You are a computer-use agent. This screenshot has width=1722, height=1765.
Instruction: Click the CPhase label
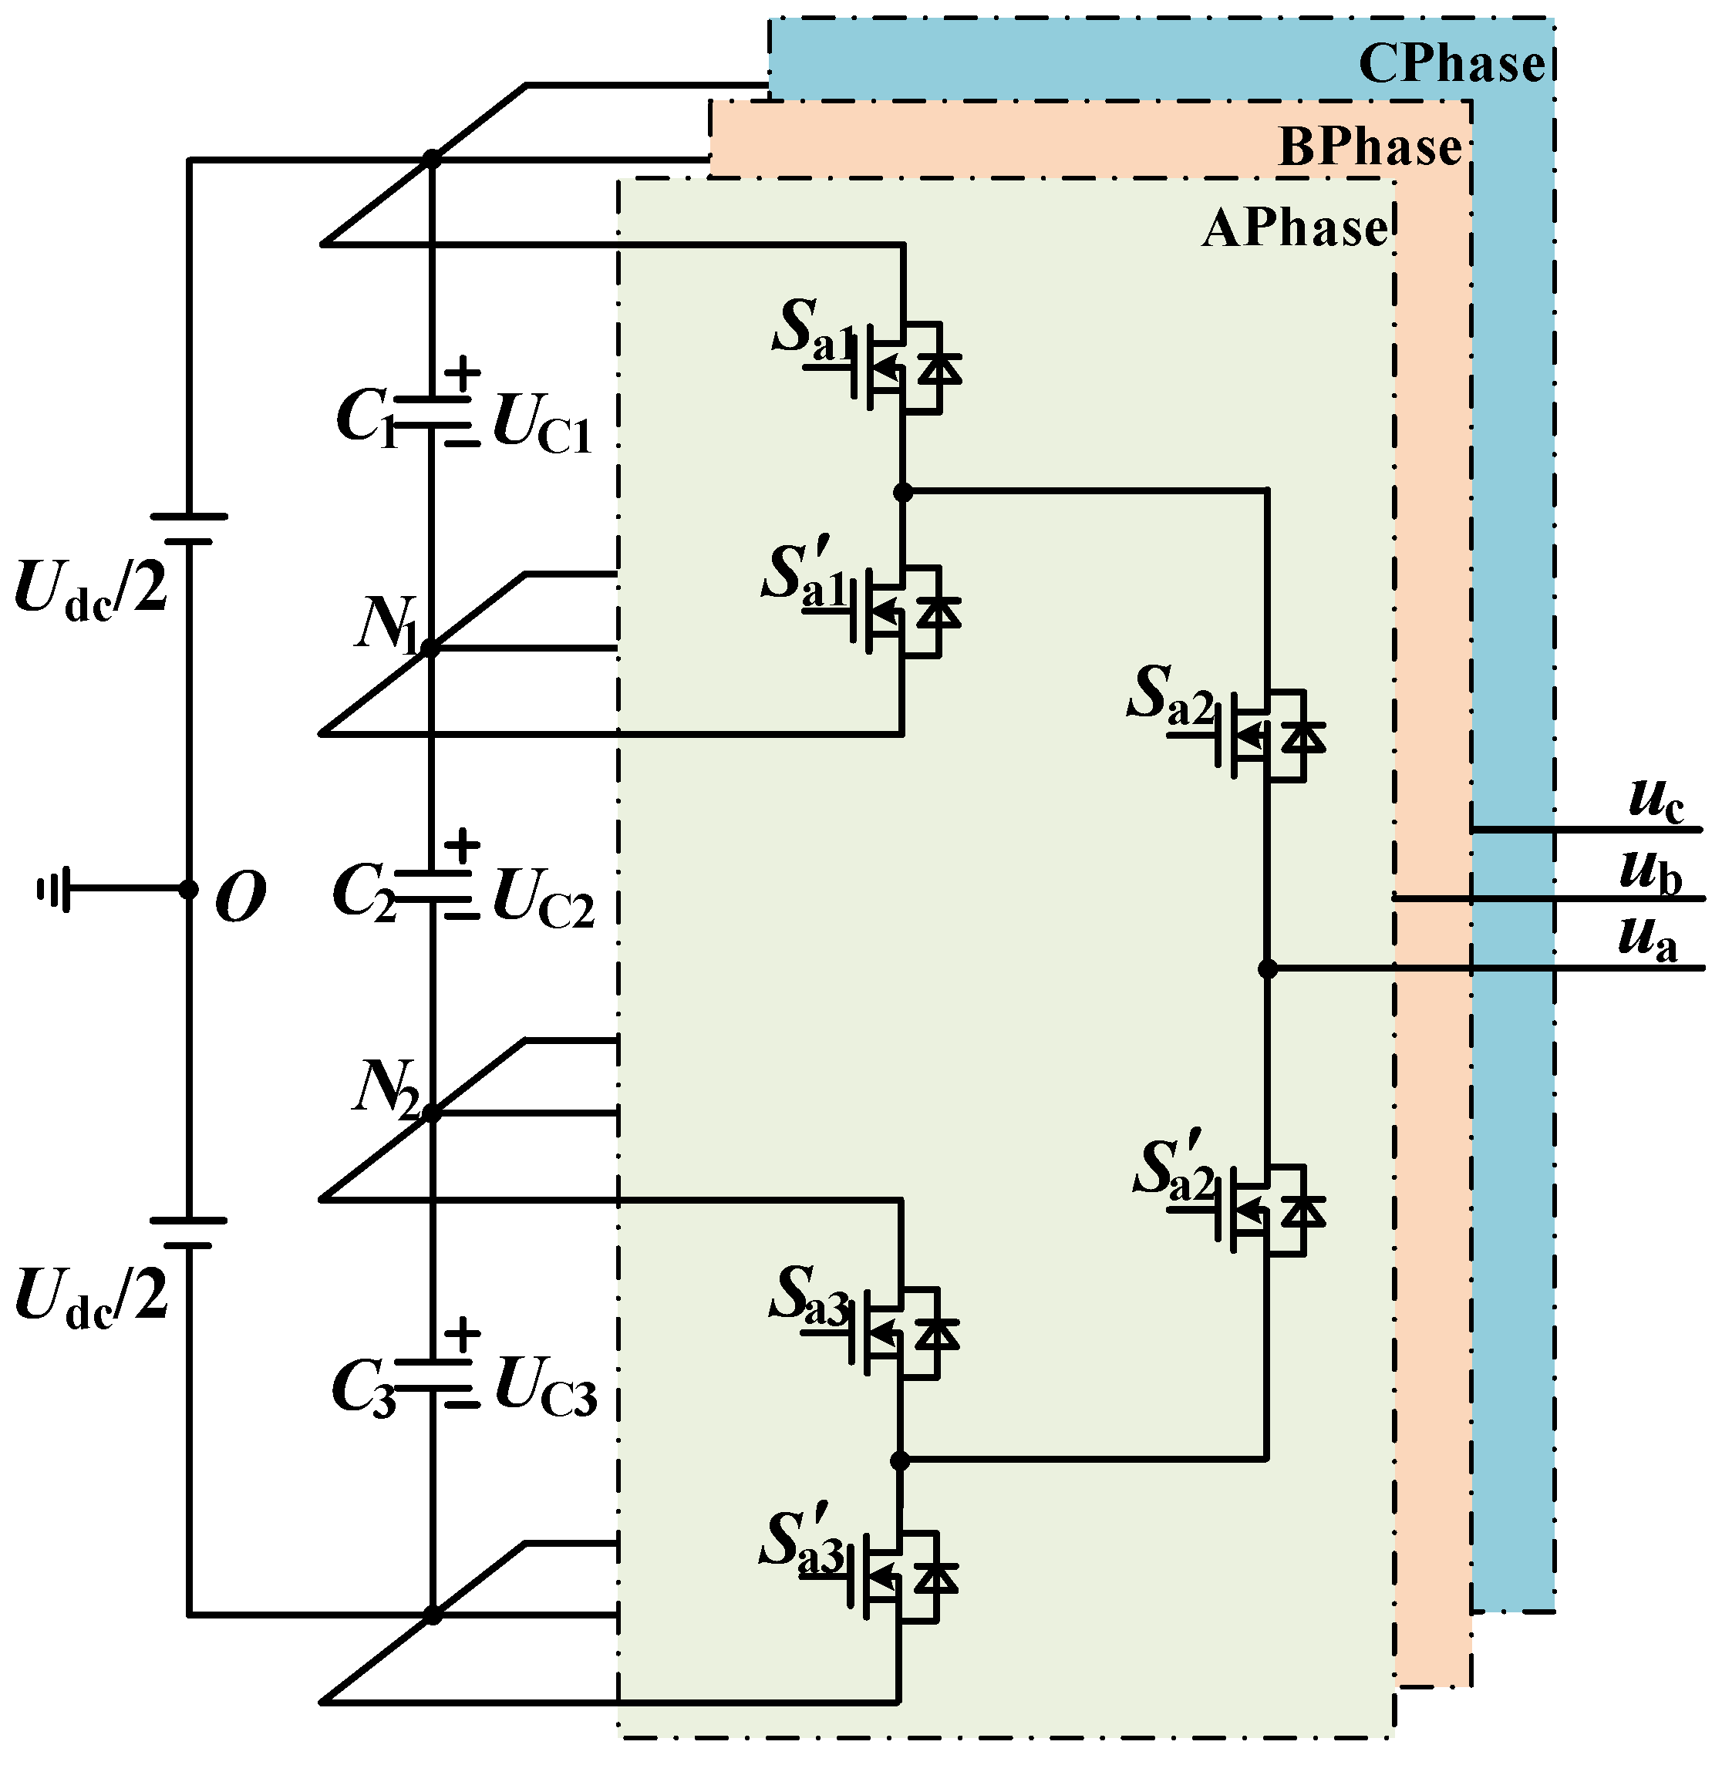click(1451, 63)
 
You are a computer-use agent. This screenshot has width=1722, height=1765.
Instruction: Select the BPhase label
click(1370, 147)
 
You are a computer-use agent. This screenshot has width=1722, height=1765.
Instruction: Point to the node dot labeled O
click(188, 890)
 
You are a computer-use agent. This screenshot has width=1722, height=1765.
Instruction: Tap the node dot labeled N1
click(430, 648)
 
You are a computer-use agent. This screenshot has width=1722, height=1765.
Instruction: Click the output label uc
click(1655, 800)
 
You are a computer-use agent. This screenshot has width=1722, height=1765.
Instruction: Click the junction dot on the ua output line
click(1268, 969)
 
